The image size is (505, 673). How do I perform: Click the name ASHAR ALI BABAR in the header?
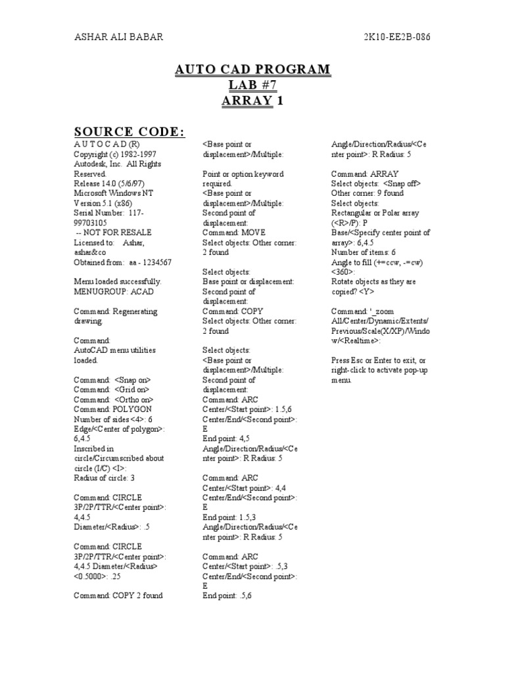(118, 37)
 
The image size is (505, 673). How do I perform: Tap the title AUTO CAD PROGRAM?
(252, 70)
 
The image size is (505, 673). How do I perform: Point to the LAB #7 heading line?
(252, 85)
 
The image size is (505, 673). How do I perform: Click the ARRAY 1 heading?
(252, 101)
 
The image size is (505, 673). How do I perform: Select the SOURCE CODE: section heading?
(129, 131)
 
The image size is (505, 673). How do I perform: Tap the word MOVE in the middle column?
(252, 233)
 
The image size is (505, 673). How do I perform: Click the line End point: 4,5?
(226, 438)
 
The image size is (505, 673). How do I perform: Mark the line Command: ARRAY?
(361, 174)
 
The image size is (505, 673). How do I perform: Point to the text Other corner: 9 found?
(368, 193)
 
